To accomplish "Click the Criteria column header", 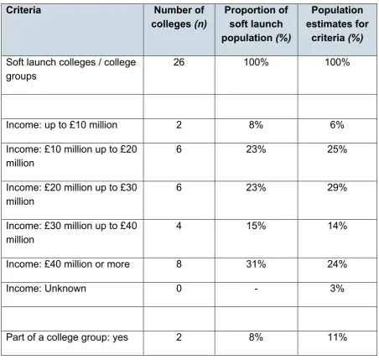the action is coord(23,10).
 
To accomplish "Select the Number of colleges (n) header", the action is coord(179,17).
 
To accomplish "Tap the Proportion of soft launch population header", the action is coord(256,24).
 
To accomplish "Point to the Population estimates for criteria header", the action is coord(337,24).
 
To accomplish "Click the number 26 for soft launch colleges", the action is coord(179,62).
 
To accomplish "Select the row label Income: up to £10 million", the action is coord(61,125).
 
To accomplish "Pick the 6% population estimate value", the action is coord(337,125).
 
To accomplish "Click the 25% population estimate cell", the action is coord(337,149).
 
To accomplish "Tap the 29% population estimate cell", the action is coord(337,187).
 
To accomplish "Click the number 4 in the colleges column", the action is coord(179,226).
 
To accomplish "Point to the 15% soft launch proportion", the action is coord(256,226).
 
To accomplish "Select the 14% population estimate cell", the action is coord(337,226).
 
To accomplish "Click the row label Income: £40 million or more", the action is coord(68,263).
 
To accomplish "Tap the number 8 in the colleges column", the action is coord(179,263).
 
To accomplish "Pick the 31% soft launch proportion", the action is coord(256,263).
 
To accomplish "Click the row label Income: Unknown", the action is coord(46,288).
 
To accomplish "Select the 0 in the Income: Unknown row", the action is coord(179,288).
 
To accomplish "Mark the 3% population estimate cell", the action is coord(337,288).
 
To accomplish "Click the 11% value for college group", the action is coord(337,337).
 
